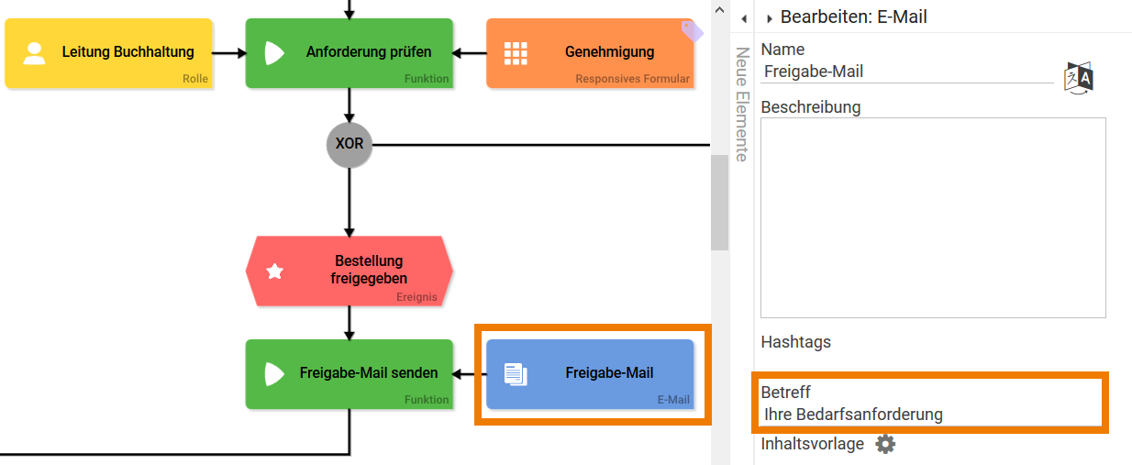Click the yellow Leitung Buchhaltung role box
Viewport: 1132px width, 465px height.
click(108, 53)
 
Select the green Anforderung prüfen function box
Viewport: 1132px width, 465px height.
click(350, 53)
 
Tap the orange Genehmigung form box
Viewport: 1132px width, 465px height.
click(590, 53)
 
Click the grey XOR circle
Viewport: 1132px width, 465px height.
click(350, 145)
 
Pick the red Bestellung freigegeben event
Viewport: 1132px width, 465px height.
click(350, 271)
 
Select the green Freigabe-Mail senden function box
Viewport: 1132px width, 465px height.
click(350, 373)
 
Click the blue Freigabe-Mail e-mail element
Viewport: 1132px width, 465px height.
click(590, 373)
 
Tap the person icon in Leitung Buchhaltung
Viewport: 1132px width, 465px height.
click(35, 53)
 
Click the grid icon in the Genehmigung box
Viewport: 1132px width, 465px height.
click(516, 53)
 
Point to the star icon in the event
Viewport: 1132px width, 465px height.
click(274, 271)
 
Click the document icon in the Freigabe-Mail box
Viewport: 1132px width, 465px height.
click(516, 373)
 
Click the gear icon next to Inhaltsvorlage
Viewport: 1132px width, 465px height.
click(884, 444)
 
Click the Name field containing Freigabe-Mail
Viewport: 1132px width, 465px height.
click(906, 72)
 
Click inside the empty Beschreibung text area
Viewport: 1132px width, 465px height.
click(933, 217)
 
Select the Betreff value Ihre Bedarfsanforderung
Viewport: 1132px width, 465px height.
click(853, 415)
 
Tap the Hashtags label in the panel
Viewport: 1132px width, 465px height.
click(795, 342)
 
